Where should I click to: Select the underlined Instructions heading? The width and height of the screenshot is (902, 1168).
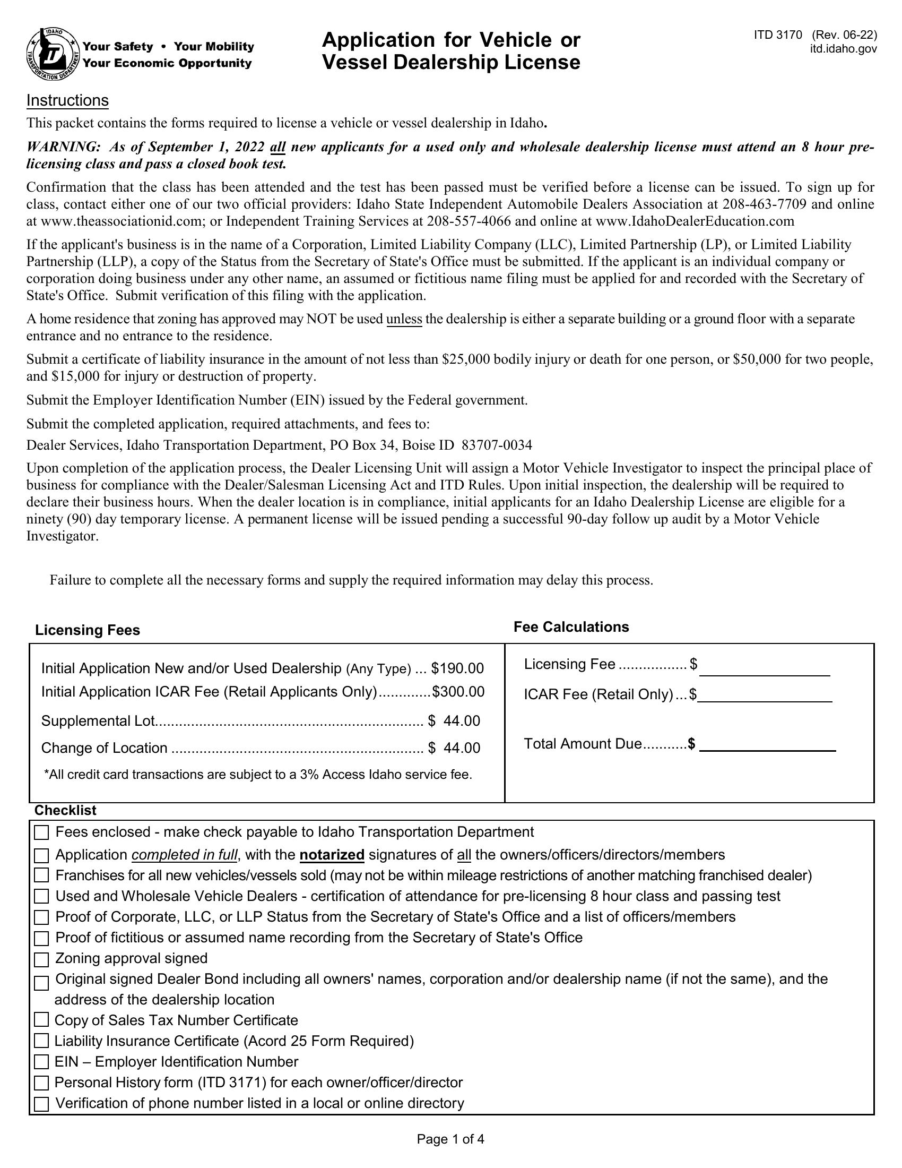click(67, 100)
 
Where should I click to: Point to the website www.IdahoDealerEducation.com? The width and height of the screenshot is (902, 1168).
click(695, 221)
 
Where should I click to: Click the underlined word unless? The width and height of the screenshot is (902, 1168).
click(404, 319)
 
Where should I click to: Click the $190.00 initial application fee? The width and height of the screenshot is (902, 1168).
click(457, 668)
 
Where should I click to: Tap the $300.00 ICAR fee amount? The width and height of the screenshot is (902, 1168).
click(458, 692)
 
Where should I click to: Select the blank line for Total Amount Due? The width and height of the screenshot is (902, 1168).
click(767, 745)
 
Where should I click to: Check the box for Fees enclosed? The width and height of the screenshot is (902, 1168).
click(41, 832)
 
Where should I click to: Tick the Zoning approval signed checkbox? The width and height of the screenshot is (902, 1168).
click(41, 960)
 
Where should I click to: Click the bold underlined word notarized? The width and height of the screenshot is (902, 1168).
click(332, 855)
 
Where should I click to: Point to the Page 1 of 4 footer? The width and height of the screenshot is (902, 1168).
click(450, 1139)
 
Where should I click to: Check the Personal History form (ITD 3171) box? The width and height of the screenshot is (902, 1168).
click(41, 1083)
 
